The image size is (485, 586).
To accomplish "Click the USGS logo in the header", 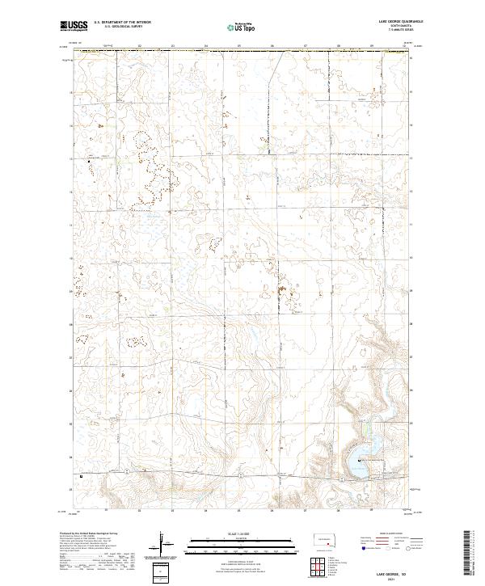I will point(74,27).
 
